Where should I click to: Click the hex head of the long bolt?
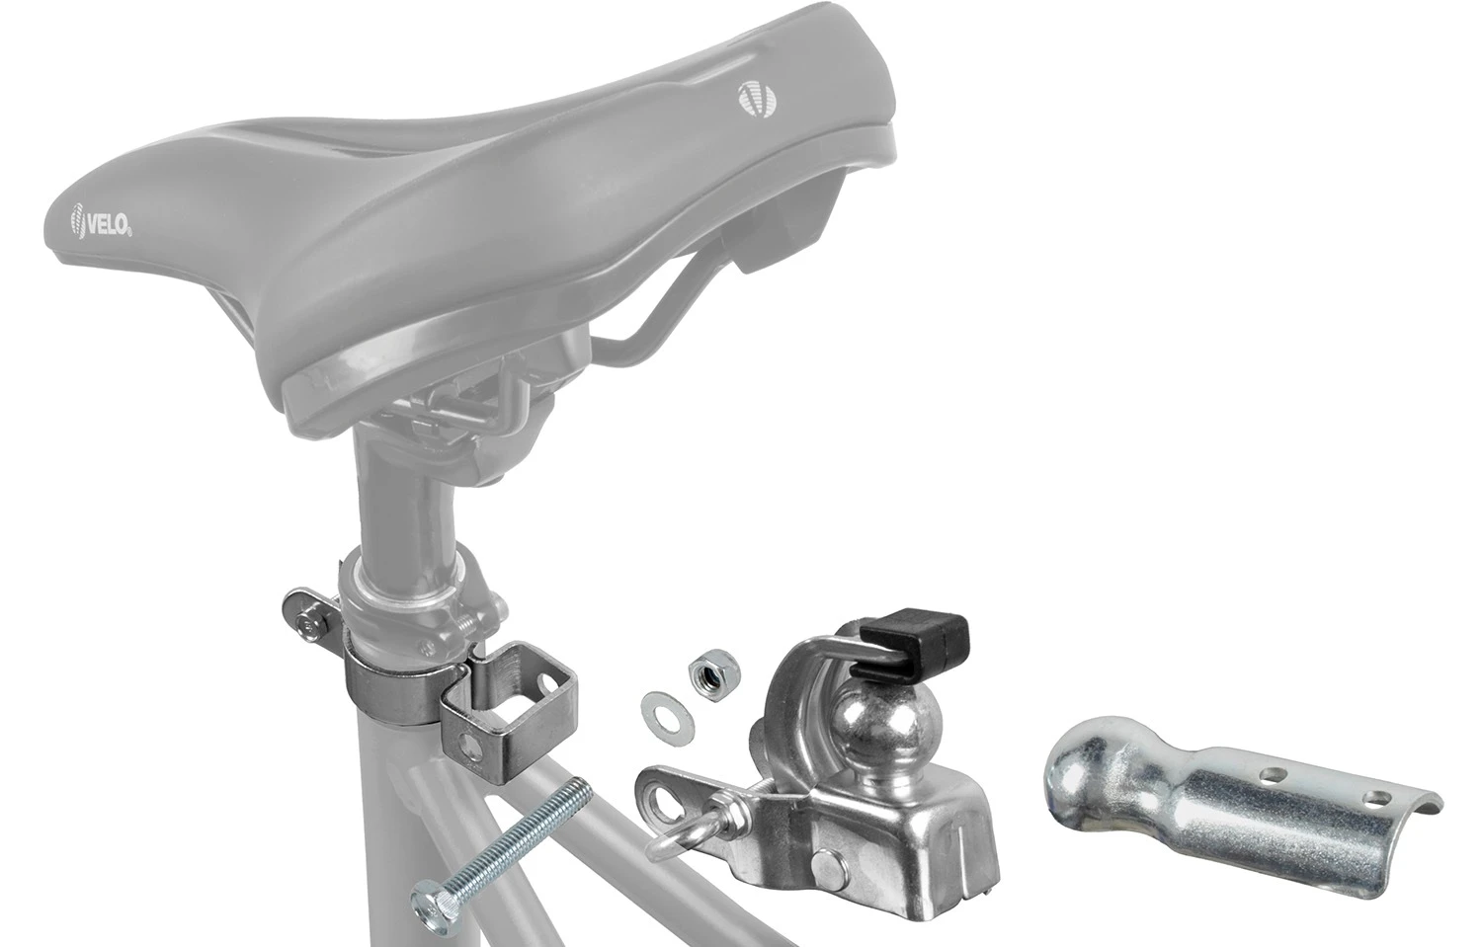[x=428, y=902]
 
